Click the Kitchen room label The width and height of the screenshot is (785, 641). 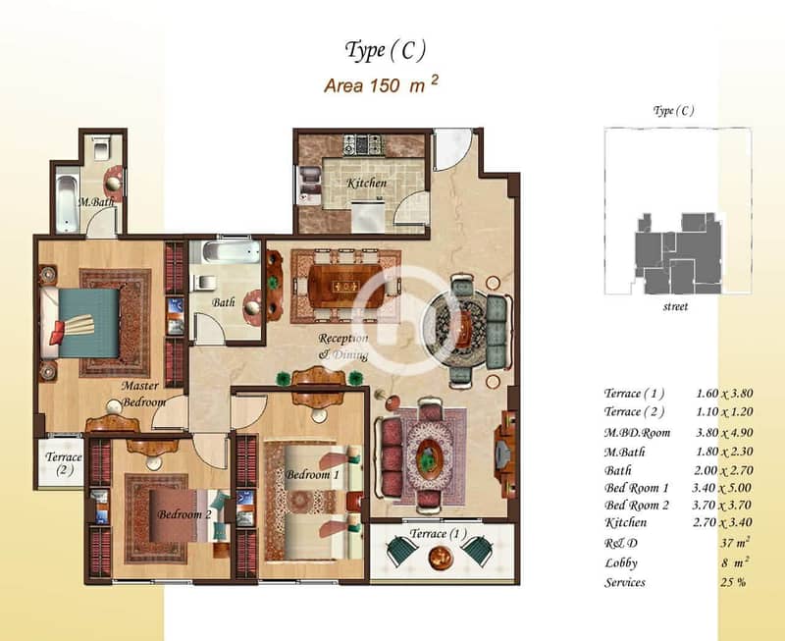click(x=367, y=184)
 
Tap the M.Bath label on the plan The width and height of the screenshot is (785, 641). click(x=96, y=202)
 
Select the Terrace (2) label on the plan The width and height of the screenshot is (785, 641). click(x=63, y=463)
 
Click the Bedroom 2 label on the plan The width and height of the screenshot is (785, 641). click(x=184, y=514)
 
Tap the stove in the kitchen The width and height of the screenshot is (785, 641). click(x=364, y=145)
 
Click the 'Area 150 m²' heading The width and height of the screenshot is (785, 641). click(x=381, y=85)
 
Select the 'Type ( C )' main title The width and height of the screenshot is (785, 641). click(x=385, y=51)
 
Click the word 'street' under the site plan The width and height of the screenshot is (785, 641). click(x=675, y=306)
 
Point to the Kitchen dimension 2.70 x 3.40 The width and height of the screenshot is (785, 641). click(x=722, y=522)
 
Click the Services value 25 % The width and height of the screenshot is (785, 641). click(x=733, y=582)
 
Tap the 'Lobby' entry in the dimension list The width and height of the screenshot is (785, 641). click(x=621, y=563)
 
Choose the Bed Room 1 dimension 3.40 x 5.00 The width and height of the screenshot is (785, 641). click(x=722, y=487)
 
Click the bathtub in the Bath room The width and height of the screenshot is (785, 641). click(x=226, y=252)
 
